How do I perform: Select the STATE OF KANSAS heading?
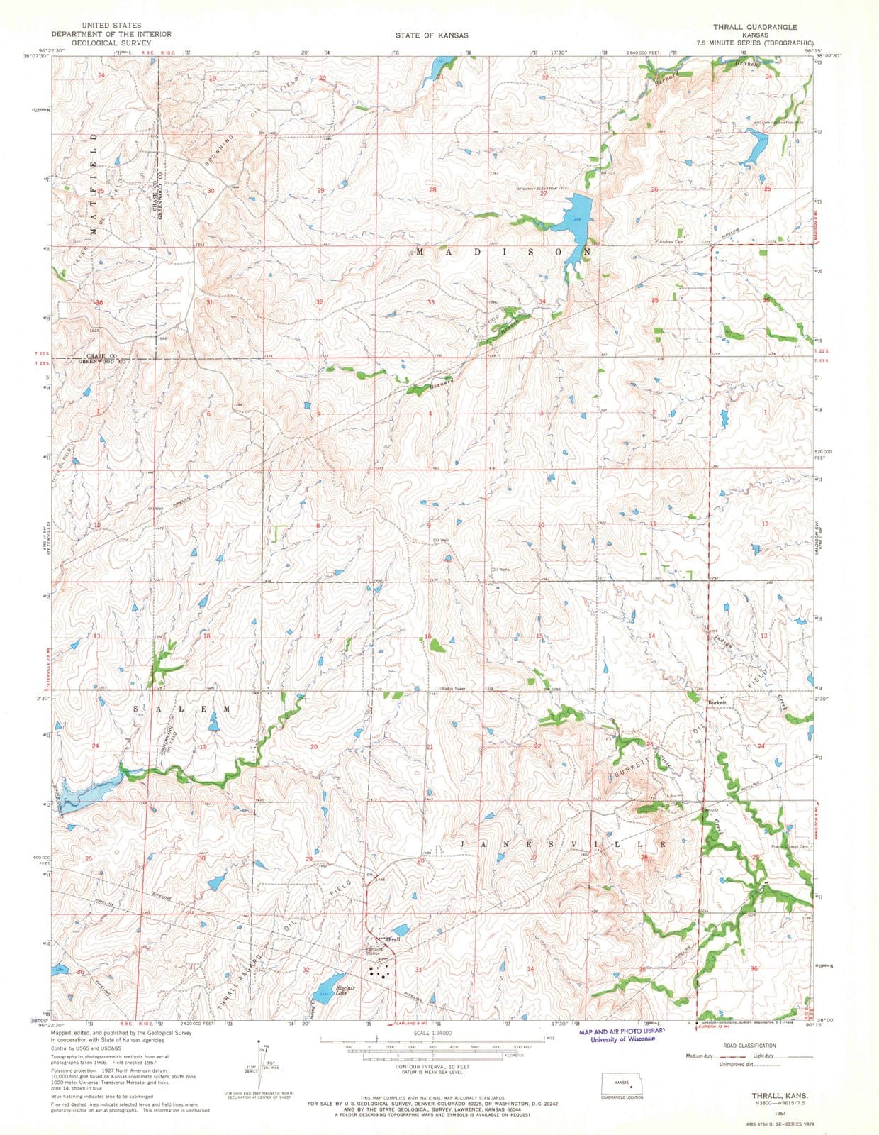click(432, 35)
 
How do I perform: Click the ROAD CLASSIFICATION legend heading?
click(749, 1046)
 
